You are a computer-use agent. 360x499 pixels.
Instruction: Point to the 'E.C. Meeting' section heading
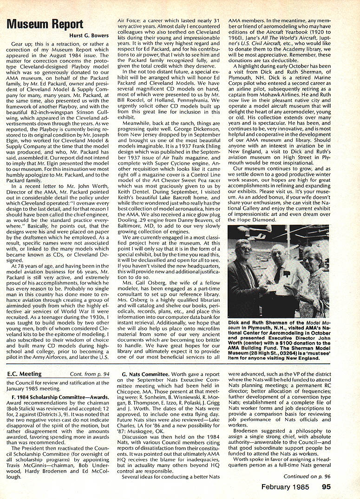coord(25,374)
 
